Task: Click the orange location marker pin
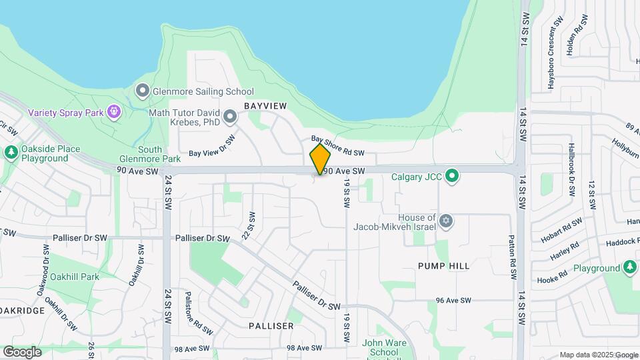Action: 320,159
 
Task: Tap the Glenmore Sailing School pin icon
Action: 141,91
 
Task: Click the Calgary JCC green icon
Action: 453,177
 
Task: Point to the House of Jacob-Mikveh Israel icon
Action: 446,221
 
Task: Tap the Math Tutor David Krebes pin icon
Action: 230,117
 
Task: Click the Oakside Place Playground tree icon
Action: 11,153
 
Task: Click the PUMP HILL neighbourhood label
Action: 444,266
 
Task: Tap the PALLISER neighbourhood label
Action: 271,326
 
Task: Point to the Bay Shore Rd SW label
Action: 338,147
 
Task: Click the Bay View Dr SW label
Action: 213,147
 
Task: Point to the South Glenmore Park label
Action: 150,154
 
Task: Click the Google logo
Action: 22,351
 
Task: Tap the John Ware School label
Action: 380,348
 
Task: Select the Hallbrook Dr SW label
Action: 571,169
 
